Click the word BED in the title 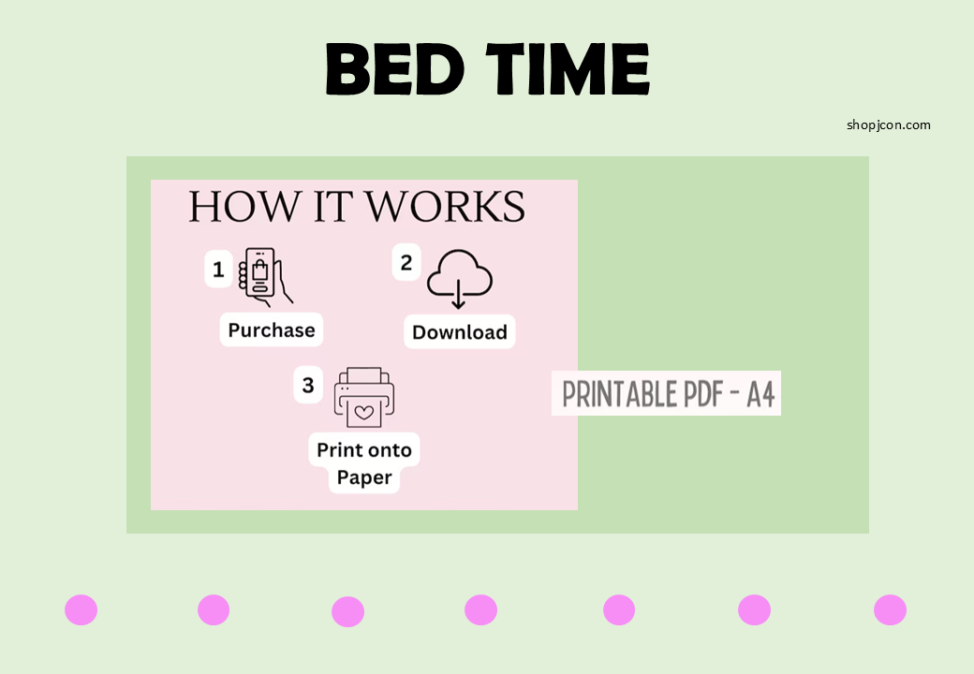tap(394, 68)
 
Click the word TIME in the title tap(568, 68)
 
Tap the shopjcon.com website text tap(888, 125)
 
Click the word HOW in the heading tap(243, 207)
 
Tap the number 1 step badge tap(218, 270)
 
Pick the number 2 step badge tap(406, 262)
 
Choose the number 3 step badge tap(308, 386)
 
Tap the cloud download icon tap(460, 278)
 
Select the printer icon tap(364, 397)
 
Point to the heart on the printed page tap(364, 412)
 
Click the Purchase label tap(272, 330)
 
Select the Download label tap(460, 332)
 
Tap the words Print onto tap(364, 449)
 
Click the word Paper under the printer tap(364, 477)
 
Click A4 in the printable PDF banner tap(760, 394)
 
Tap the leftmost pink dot tap(81, 609)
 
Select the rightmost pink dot tap(890, 609)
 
